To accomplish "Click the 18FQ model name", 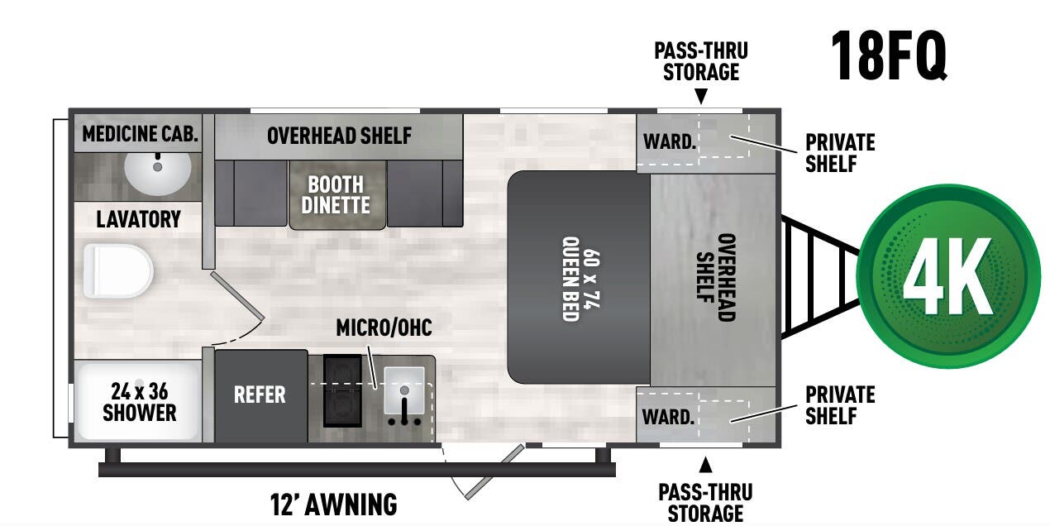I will click(x=889, y=55).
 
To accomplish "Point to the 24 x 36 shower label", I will click(x=139, y=401).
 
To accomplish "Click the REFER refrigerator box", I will click(x=260, y=395).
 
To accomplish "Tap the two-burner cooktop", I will click(x=342, y=390).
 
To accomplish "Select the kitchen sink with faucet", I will click(x=404, y=395).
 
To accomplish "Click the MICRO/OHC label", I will click(x=384, y=328).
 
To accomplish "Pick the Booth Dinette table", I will click(x=336, y=194).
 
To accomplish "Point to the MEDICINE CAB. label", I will click(x=141, y=134).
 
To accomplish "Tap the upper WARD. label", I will click(x=669, y=141).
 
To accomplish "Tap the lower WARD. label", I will click(x=668, y=416).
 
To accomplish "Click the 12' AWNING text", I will click(x=333, y=504).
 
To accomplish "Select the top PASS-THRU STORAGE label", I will click(x=701, y=60).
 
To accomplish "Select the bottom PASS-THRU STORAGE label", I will click(x=705, y=503).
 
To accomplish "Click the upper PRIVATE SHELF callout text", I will click(x=840, y=152).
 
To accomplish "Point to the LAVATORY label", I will click(x=138, y=219).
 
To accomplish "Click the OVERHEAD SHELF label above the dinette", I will click(x=339, y=136).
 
